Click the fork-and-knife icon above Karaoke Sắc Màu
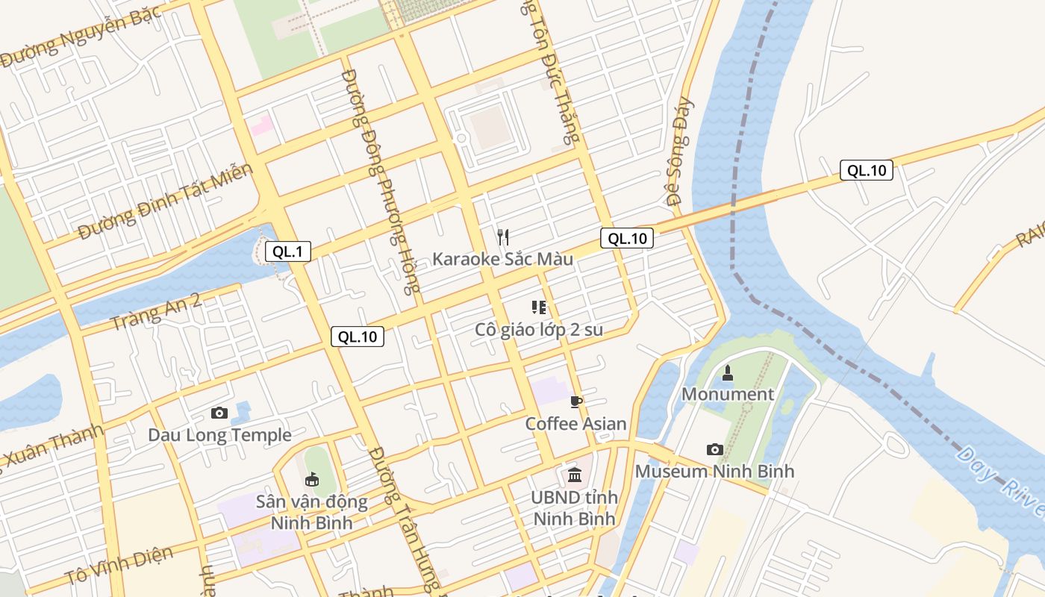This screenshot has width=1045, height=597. pos(503,237)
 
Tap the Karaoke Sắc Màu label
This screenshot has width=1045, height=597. pos(503,259)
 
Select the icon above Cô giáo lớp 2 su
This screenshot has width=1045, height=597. pos(539,307)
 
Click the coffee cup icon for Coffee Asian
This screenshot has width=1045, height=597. pos(575,402)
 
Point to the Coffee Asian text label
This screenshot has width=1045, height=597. pos(575,424)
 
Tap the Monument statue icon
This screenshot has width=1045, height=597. pos(728,372)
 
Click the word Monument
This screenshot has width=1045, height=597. pos(728,394)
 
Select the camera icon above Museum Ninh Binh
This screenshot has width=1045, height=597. pos(714,449)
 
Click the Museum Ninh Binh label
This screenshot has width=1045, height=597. pos(714,471)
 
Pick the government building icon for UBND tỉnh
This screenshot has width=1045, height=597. pos(575,475)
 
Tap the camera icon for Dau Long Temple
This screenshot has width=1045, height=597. pos(219,413)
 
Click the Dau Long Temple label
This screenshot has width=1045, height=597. pos(219,435)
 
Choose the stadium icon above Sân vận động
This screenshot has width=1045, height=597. pos(312,479)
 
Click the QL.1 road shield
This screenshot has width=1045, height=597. pos(287,251)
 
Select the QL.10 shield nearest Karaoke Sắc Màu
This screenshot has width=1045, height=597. pos(627,238)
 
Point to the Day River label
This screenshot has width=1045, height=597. pos(999,481)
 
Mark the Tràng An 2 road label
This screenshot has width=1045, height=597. pos(155,312)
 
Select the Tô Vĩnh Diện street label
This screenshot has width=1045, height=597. pos(119,566)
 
